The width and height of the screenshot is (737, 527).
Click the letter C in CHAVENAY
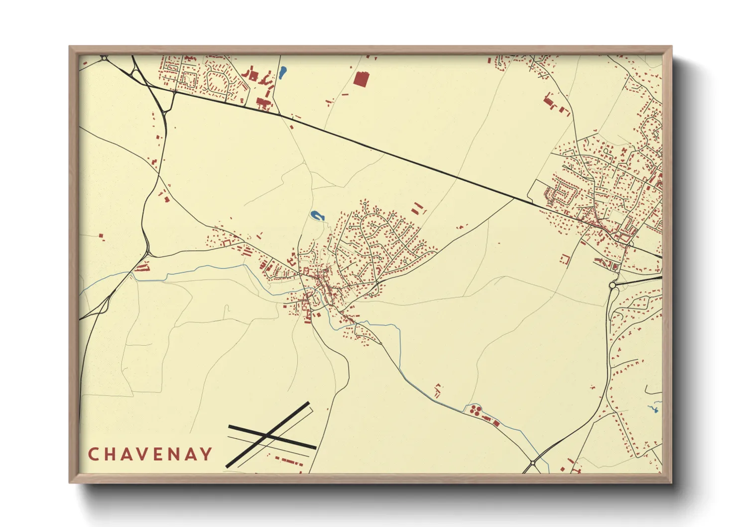[x=93, y=454]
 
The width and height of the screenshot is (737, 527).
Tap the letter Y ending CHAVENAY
[x=206, y=454]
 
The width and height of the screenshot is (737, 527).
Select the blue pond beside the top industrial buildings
[x=282, y=73]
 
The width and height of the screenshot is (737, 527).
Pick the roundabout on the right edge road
[x=613, y=285]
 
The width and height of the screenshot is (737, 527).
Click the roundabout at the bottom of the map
[x=533, y=463]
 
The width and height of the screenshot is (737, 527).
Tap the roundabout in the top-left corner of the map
[x=104, y=58]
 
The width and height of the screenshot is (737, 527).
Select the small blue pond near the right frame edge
[x=654, y=409]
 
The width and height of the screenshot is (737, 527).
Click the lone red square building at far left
[x=101, y=237]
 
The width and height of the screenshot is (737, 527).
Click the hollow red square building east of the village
[x=565, y=259]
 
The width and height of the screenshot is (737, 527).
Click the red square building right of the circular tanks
[x=496, y=423]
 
